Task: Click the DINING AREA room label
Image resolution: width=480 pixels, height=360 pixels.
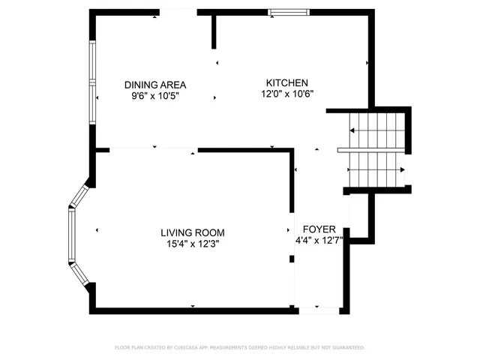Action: pos(155,85)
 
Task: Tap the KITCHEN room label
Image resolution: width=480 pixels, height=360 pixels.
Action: pos(287,82)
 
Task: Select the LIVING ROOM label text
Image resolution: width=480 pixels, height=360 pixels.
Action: pos(193,232)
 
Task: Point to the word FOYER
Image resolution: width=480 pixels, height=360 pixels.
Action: pos(319,229)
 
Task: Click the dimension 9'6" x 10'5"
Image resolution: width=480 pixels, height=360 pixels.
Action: pos(155,96)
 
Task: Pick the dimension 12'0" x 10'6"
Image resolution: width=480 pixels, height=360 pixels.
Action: pos(287,94)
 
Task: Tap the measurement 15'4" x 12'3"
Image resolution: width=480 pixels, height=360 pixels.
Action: pos(193,244)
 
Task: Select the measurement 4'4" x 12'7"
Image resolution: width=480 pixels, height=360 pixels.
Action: pos(319,240)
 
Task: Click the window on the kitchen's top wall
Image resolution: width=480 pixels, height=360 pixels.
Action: pos(288,12)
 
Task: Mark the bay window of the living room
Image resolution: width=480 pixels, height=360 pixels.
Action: pos(74,235)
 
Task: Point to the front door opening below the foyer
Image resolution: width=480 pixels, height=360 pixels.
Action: pos(319,309)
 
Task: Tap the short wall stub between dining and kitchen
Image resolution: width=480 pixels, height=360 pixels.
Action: pos(214,31)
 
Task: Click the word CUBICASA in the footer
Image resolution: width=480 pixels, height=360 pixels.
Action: pos(192,348)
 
